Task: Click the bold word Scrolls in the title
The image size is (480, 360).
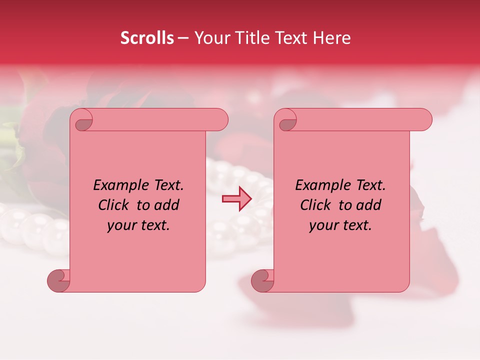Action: click(x=147, y=38)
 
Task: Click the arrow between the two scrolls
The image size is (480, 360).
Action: click(x=237, y=199)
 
